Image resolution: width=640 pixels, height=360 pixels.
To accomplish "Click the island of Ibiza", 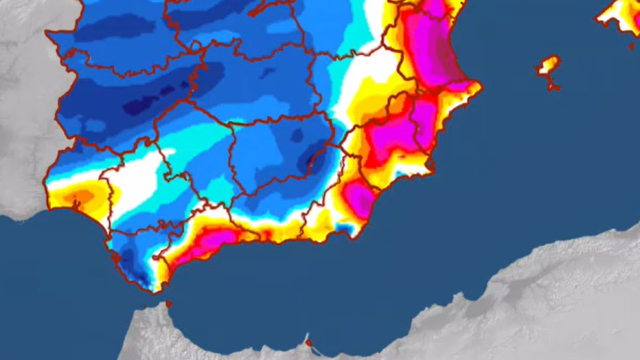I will (547, 65).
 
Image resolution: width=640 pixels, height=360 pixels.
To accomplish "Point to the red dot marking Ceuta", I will (169, 304).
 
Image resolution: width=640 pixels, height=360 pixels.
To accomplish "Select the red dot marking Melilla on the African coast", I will (308, 341).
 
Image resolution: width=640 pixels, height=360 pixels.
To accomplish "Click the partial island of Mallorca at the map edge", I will (621, 13).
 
